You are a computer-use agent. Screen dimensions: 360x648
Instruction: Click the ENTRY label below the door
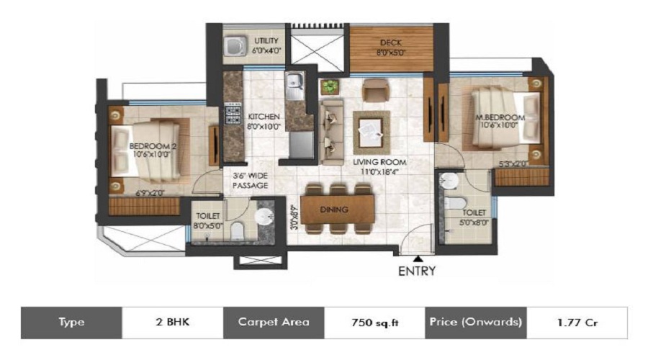point(416,271)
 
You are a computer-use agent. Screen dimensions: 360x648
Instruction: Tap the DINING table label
point(336,210)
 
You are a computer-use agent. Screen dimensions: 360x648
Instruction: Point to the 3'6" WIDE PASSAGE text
point(250,181)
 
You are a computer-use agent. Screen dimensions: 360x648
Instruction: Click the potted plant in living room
point(330,86)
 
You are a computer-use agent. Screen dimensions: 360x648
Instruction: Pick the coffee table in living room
point(371,132)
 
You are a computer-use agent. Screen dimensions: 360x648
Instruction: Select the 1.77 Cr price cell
point(576,323)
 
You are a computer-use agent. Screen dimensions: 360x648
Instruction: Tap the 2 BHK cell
point(172,323)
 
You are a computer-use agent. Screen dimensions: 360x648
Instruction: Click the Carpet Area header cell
point(274,323)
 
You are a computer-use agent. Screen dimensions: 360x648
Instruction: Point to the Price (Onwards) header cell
point(475,323)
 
